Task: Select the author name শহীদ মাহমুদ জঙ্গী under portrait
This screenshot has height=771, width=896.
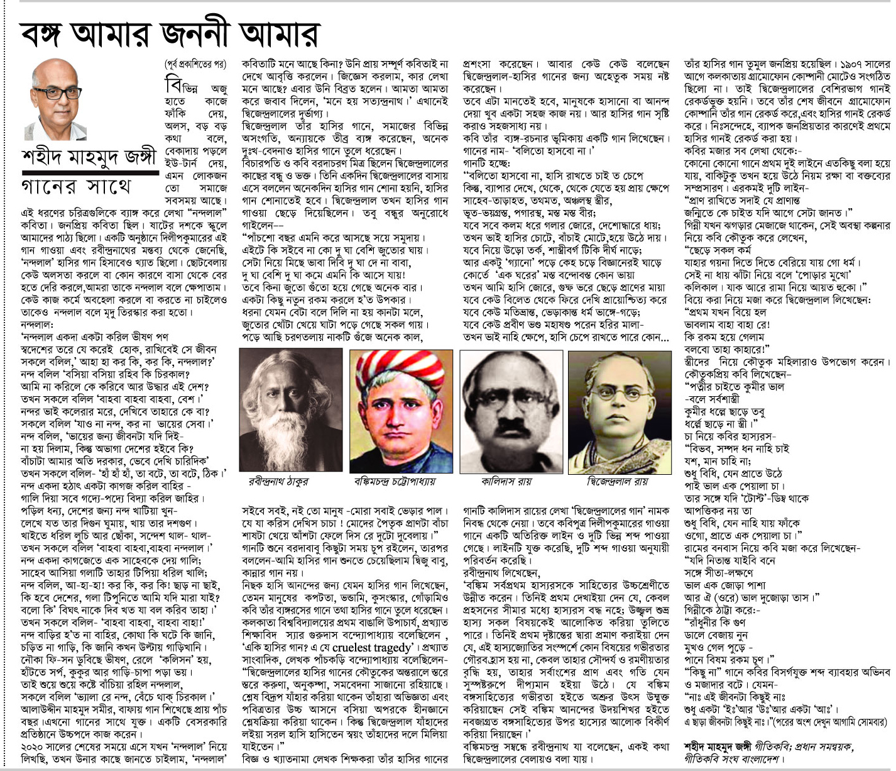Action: tap(88, 157)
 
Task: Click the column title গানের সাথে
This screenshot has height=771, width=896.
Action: tap(76, 187)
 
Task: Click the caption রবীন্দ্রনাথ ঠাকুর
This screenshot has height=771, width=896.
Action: tap(278, 481)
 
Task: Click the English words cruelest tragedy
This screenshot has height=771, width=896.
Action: tap(371, 648)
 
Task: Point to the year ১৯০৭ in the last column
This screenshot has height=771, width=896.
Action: tap(854, 64)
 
